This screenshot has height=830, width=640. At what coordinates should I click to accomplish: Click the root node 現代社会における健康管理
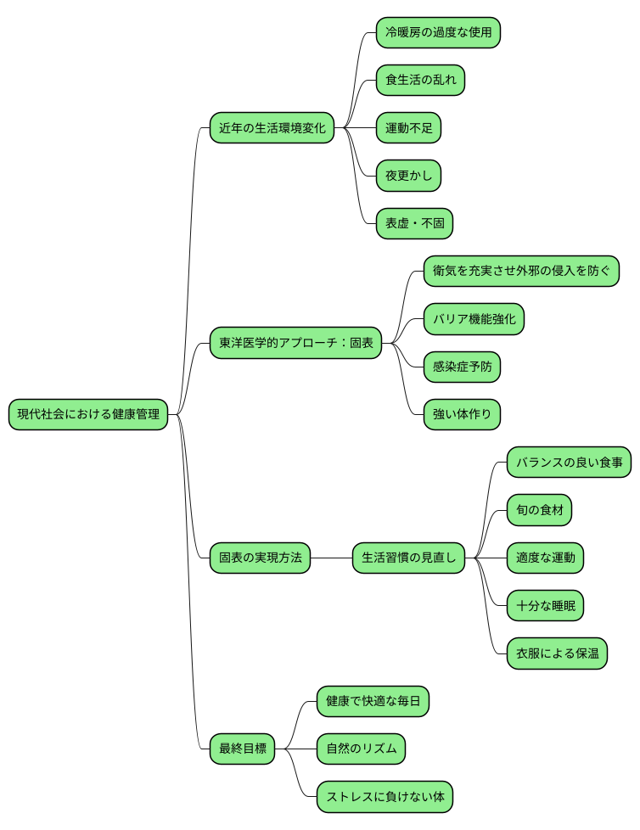click(88, 415)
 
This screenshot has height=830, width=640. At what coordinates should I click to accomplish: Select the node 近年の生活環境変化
click(272, 128)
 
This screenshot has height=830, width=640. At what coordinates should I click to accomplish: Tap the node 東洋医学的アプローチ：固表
click(295, 344)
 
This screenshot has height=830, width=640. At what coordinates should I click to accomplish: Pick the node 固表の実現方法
click(260, 558)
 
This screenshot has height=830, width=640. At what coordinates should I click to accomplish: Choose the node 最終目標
click(243, 749)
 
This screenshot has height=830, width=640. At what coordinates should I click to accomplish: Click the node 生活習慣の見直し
click(409, 558)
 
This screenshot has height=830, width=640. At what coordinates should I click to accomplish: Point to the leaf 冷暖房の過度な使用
click(438, 33)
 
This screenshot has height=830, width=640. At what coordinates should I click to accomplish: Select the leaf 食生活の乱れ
click(420, 81)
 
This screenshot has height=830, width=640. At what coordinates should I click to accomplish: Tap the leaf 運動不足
click(408, 128)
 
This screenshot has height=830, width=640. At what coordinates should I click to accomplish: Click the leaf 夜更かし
click(408, 177)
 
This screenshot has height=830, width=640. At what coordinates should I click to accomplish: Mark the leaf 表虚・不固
click(414, 224)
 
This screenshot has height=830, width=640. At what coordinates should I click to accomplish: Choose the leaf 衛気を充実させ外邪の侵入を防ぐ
click(521, 272)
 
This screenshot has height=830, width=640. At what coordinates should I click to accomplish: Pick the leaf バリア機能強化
click(474, 320)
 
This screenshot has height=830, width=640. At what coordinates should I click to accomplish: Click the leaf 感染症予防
click(462, 367)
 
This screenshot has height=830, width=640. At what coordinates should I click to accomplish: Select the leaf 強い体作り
click(462, 415)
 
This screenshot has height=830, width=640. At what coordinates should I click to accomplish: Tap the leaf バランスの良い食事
click(569, 463)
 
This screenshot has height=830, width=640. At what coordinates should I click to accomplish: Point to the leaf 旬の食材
click(539, 511)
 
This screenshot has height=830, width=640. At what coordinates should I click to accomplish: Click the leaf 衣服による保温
click(557, 653)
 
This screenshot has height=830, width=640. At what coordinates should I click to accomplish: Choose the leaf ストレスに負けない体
click(385, 797)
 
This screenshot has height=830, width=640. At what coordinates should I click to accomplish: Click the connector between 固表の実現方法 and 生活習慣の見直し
click(331, 558)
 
